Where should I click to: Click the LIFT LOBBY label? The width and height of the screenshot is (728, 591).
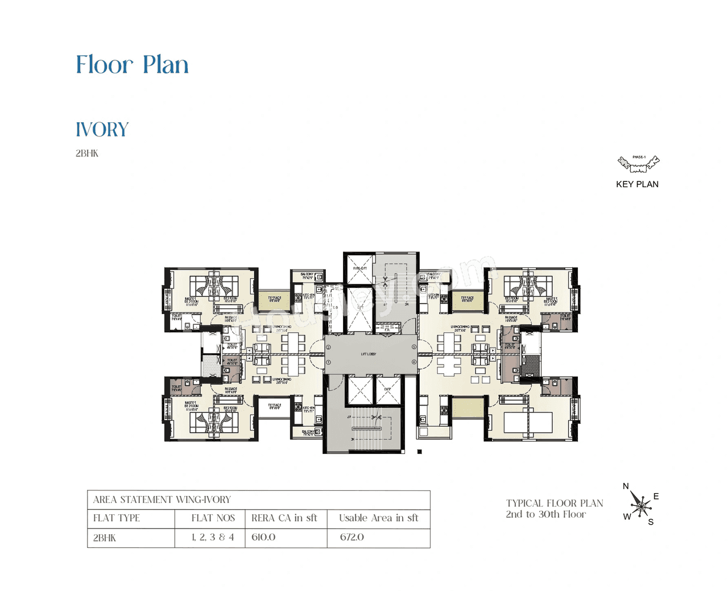pos(369,354)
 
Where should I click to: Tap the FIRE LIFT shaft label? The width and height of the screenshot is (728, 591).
pos(359,268)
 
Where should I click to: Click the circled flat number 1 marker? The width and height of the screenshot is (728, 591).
pos(328,362)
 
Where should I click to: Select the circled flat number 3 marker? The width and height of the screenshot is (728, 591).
pos(414,347)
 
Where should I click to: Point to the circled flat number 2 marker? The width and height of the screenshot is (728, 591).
pos(328,347)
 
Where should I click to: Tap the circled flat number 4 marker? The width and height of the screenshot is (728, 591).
pos(414,362)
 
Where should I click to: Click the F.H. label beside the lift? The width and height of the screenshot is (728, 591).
pos(387,329)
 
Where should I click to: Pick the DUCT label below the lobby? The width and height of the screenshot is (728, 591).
pos(387,389)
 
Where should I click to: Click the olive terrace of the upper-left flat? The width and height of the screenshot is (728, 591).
pos(274,300)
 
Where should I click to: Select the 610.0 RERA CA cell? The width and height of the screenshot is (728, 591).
pos(263,537)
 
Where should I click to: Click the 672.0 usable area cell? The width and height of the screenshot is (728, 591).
pos(352,537)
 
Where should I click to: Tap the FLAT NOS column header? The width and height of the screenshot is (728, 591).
pos(213,518)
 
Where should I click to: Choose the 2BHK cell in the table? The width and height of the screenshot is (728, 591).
pos(105,538)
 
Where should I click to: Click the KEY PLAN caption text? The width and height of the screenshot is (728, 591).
pos(637,184)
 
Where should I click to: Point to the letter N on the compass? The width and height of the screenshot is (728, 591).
pos(626,486)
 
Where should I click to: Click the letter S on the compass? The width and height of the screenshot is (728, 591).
pos(651,522)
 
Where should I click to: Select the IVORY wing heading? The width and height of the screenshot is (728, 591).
pos(102,130)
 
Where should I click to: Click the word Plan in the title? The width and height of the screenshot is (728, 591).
pos(166,65)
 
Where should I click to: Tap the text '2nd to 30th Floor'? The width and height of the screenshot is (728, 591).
pos(545,514)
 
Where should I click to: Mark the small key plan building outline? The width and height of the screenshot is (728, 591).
pos(638,164)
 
